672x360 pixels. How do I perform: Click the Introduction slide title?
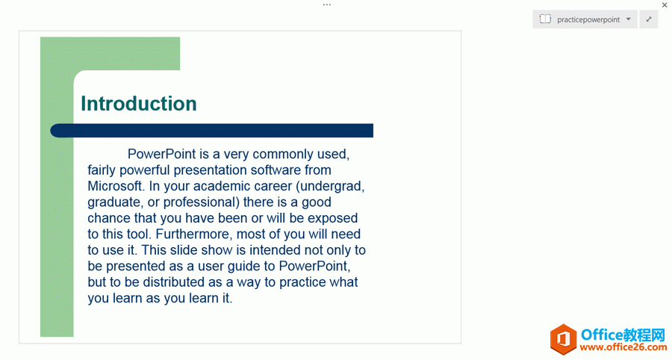click(x=139, y=104)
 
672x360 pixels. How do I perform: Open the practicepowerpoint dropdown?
click(x=585, y=19)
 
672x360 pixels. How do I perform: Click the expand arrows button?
click(x=649, y=19)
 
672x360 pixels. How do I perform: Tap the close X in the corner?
click(x=665, y=5)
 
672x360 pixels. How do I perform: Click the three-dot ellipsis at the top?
click(x=327, y=4)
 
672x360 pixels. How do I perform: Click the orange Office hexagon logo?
click(x=564, y=339)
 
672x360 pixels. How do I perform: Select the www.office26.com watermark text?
click(x=623, y=347)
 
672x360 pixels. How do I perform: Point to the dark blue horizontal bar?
click(x=212, y=131)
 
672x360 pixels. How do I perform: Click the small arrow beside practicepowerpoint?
click(x=628, y=19)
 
